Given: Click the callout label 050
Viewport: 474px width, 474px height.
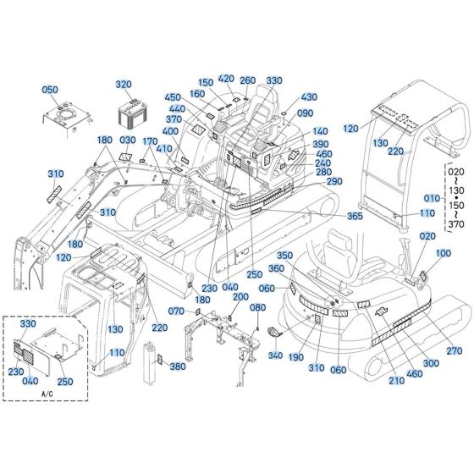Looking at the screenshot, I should pyautogui.click(x=50, y=90).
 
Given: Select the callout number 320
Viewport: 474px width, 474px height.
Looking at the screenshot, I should pyautogui.click(x=124, y=85).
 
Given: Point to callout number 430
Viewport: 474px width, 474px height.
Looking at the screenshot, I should pyautogui.click(x=308, y=97).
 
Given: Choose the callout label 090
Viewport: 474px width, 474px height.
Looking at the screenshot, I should pyautogui.click(x=305, y=113).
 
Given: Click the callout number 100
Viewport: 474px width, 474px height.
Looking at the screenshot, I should pyautogui.click(x=444, y=253).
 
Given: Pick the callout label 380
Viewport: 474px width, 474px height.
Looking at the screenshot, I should pyautogui.click(x=177, y=367).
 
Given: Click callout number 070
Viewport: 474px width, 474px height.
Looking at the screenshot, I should pyautogui.click(x=176, y=312).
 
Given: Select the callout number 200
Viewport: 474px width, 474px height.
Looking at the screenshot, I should pyautogui.click(x=240, y=296).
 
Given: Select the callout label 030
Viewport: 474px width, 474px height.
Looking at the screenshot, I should pyautogui.click(x=128, y=141).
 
